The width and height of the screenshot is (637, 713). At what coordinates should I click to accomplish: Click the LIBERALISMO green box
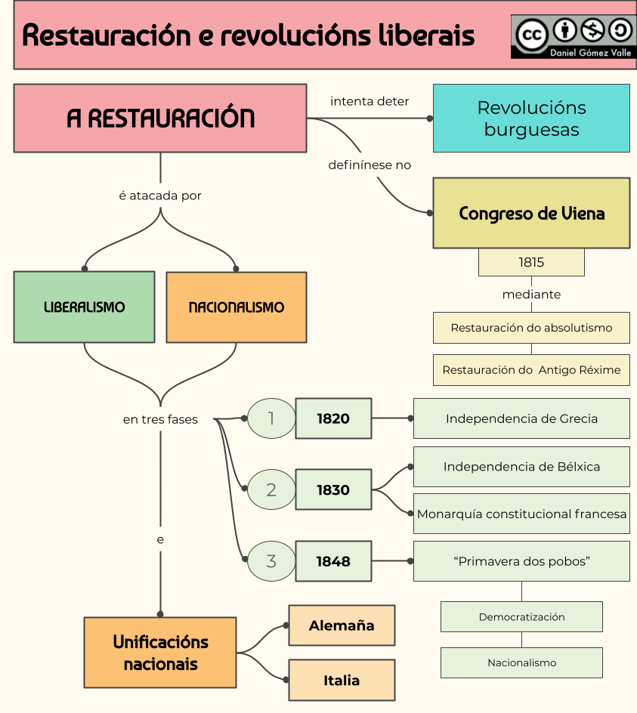[84, 307]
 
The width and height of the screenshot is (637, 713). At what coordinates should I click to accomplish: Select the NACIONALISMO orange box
[236, 307]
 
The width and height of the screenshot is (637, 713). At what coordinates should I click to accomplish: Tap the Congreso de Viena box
[531, 213]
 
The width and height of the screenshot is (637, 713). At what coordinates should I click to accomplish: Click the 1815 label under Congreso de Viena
[531, 262]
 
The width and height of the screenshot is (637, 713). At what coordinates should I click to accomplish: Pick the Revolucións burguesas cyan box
[531, 118]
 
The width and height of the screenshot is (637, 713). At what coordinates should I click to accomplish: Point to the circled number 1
[271, 418]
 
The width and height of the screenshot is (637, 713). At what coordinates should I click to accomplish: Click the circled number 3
[271, 561]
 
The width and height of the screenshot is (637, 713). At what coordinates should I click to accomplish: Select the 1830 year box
[333, 489]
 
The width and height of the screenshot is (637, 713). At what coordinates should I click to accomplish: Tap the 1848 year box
[333, 561]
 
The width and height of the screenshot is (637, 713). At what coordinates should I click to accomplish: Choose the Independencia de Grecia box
[521, 418]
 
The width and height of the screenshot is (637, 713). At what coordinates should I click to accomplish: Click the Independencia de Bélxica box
[521, 466]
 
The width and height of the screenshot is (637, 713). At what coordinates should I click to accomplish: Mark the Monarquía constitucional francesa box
[521, 514]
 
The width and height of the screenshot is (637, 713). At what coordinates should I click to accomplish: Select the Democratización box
[521, 616]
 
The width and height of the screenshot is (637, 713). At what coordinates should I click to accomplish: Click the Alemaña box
[342, 625]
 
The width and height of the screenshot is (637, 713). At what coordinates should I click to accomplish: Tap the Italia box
[342, 680]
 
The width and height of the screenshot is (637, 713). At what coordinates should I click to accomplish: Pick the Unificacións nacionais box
[160, 653]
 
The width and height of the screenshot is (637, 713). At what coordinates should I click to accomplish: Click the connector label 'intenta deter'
[370, 101]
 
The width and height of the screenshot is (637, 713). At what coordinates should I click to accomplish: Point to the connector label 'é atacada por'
[160, 196]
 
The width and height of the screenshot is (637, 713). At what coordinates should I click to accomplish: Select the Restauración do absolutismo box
[531, 328]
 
